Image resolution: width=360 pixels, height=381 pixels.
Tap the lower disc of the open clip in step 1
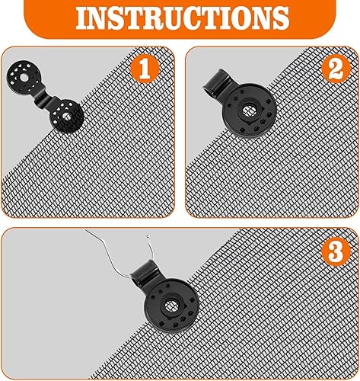pyautogui.click(x=67, y=117)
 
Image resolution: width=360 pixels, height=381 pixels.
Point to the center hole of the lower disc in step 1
pyautogui.click(x=68, y=117)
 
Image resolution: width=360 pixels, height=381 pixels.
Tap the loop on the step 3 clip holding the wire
pyautogui.click(x=146, y=266)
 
